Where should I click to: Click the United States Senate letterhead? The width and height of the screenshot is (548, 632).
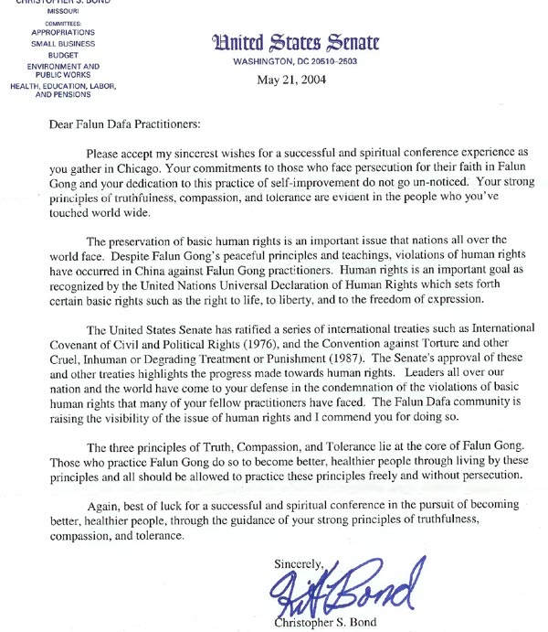click(295, 43)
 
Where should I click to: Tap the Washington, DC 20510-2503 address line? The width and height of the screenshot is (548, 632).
click(295, 61)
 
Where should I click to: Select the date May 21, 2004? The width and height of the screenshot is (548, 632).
click(294, 80)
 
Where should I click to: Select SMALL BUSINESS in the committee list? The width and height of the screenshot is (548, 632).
click(64, 44)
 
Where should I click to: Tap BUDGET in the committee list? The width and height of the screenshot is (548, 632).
click(64, 53)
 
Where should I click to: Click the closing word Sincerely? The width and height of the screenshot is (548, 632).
click(300, 564)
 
